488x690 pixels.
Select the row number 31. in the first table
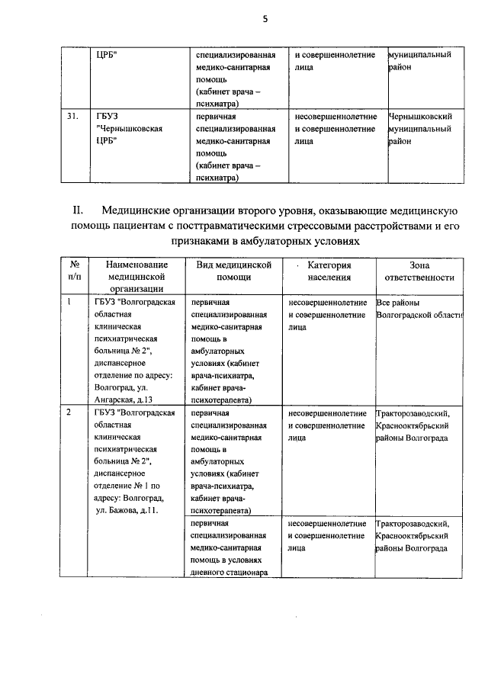coord(73,117)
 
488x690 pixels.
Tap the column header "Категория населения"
coord(329,271)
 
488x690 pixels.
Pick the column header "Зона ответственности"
coord(419,271)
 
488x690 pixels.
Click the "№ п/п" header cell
coord(75,271)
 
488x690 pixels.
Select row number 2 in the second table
coord(69,413)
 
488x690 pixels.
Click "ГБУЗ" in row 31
coord(108,117)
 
